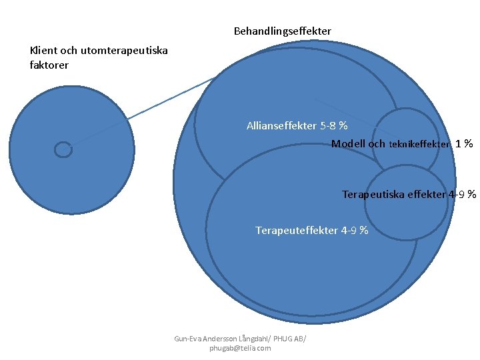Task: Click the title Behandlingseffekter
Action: pyautogui.click(x=282, y=31)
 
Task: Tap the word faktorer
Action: pyautogui.click(x=49, y=65)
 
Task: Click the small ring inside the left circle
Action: pyautogui.click(x=63, y=150)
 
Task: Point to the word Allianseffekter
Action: pyautogui.click(x=281, y=125)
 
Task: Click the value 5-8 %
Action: pyautogui.click(x=334, y=125)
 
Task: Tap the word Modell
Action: pyautogui.click(x=349, y=143)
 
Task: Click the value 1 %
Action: pyautogui.click(x=464, y=143)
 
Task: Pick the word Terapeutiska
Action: pyautogui.click(x=374, y=195)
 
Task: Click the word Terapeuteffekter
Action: pyautogui.click(x=296, y=231)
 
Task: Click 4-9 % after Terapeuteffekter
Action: pyautogui.click(x=355, y=231)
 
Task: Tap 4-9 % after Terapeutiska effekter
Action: pyautogui.click(x=462, y=195)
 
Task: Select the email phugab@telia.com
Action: pyautogui.click(x=240, y=348)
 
